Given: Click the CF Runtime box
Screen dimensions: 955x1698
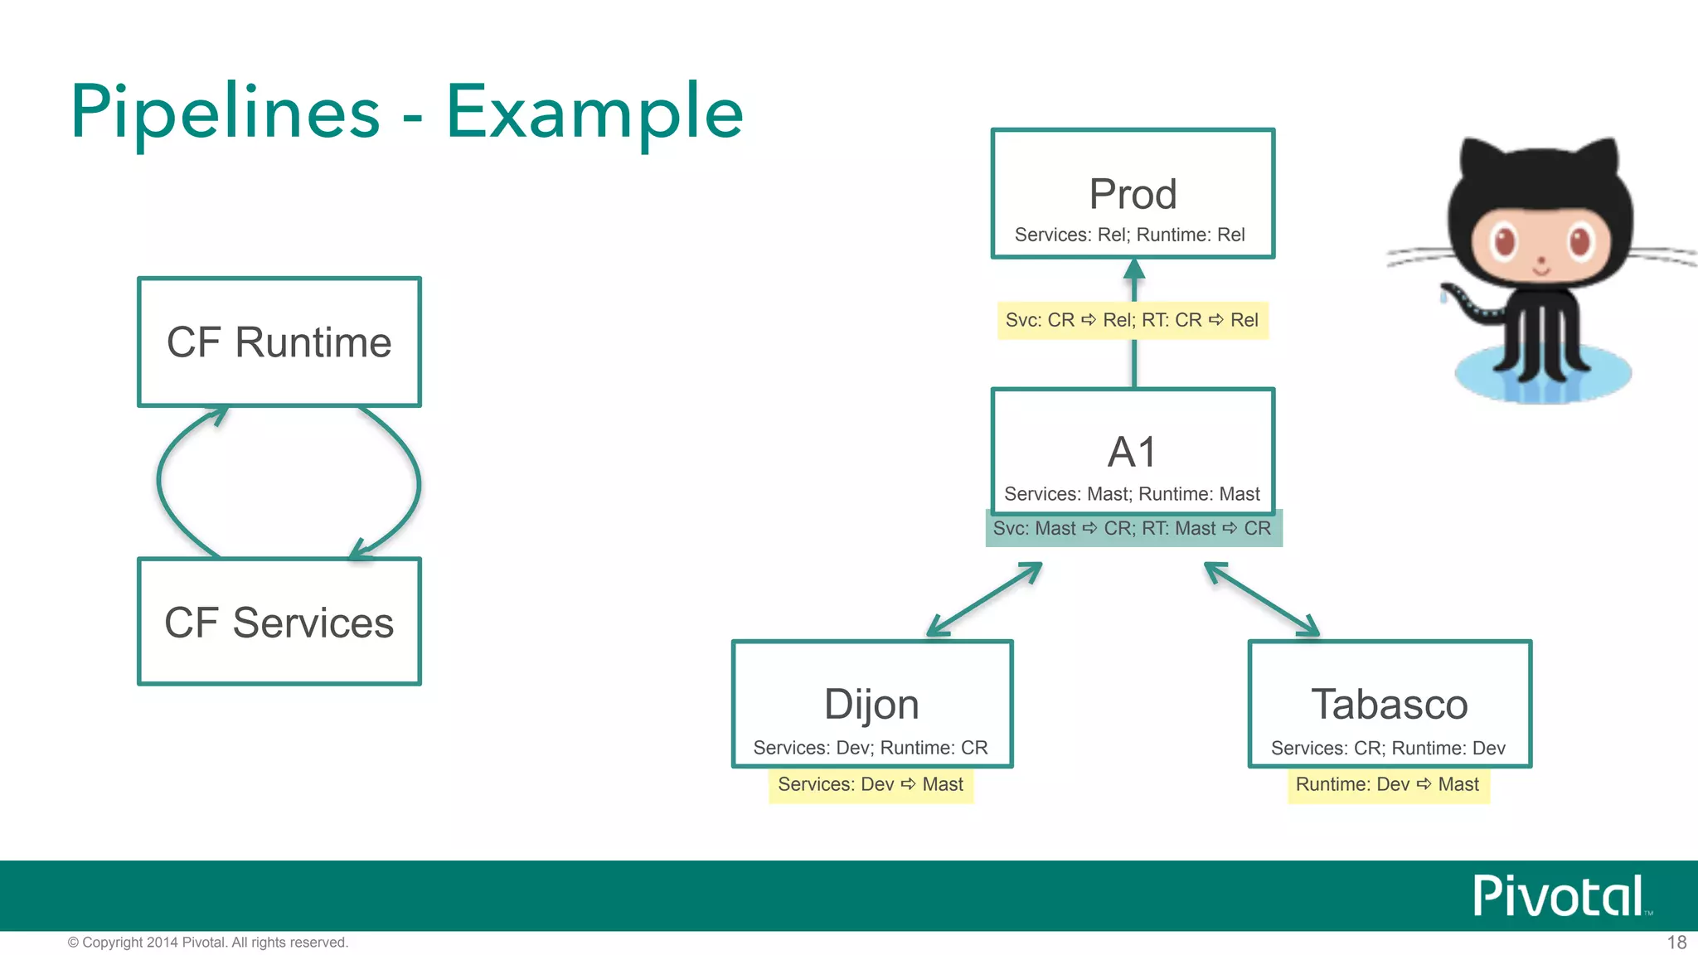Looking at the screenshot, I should pyautogui.click(x=279, y=342).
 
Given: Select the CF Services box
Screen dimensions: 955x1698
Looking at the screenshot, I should pyautogui.click(x=279, y=622).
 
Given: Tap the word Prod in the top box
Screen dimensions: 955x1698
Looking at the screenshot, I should pyautogui.click(x=1133, y=194).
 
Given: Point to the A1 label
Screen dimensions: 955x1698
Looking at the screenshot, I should pyautogui.click(x=1133, y=453).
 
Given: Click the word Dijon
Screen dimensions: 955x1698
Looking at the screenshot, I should pyautogui.click(x=871, y=705).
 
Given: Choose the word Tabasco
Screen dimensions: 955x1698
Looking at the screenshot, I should pyautogui.click(x=1390, y=705).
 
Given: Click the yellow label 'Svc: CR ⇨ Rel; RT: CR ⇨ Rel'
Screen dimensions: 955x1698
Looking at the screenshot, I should pyautogui.click(x=1133, y=320).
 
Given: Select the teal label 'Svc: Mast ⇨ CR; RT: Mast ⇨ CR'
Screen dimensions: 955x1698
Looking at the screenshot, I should pyautogui.click(x=1133, y=528).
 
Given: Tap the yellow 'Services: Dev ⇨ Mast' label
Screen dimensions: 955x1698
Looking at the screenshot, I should pyautogui.click(x=871, y=784).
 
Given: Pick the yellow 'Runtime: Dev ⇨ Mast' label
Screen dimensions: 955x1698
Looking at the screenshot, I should pyautogui.click(x=1388, y=784).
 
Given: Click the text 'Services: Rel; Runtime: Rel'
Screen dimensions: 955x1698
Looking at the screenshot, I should pyautogui.click(x=1130, y=235).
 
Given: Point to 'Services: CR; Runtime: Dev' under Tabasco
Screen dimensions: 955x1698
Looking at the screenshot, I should pyautogui.click(x=1388, y=748).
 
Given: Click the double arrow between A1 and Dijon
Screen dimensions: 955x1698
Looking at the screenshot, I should pyautogui.click(x=984, y=599).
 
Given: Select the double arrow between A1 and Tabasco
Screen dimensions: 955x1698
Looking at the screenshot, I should pyautogui.click(x=1261, y=599).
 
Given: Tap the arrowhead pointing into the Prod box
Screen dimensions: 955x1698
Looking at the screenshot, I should pyautogui.click(x=1134, y=269).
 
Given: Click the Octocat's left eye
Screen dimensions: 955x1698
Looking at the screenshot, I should pyautogui.click(x=1504, y=240).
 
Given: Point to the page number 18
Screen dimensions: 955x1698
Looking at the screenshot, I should pyautogui.click(x=1676, y=943).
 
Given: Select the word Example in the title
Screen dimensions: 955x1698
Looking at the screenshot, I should pyautogui.click(x=594, y=112).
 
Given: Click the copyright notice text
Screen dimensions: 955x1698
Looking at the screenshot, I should pyautogui.click(x=208, y=943).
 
